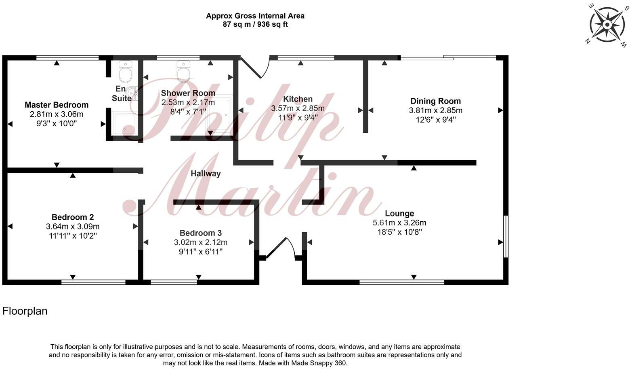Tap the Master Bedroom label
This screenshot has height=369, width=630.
[57, 105]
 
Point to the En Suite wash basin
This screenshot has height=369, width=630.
[132, 93]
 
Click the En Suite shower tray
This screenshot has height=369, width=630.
[124, 123]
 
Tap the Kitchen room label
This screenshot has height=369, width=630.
[298, 99]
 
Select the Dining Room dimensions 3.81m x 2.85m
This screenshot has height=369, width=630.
[436, 110]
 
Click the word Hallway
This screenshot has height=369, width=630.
[206, 174]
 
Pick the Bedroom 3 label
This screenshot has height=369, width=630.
[201, 233]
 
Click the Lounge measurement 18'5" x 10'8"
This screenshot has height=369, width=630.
[400, 232]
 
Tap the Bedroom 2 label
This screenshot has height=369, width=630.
[73, 217]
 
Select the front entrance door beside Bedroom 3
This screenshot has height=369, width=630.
[280, 248]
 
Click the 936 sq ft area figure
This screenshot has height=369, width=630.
[272, 24]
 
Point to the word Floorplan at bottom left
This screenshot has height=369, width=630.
[25, 311]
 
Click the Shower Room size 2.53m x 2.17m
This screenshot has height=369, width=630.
[188, 102]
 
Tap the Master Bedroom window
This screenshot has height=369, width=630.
[67, 58]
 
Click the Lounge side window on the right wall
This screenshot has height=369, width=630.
[506, 236]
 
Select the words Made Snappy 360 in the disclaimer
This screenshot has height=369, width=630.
[318, 363]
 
